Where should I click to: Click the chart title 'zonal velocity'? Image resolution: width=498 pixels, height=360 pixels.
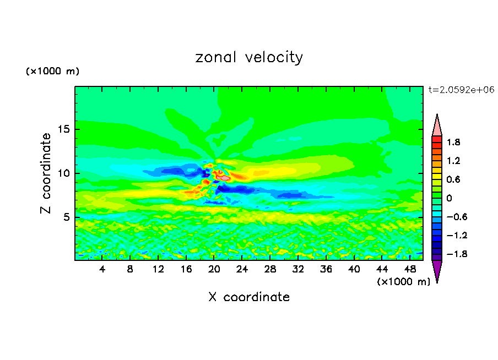pyautogui.click(x=249, y=57)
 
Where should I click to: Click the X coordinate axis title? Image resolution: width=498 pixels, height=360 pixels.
pyautogui.click(x=249, y=297)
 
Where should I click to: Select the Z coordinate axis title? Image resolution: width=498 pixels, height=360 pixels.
pyautogui.click(x=46, y=173)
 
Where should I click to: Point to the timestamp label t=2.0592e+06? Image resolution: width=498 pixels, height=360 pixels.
pyautogui.click(x=461, y=89)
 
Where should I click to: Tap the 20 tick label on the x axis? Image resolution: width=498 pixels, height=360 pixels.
pyautogui.click(x=214, y=269)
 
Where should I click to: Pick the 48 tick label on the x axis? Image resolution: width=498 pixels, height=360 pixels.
pyautogui.click(x=410, y=269)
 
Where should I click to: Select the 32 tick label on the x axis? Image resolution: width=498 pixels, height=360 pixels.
pyautogui.click(x=298, y=269)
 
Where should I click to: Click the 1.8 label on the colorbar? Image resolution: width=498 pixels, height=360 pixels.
pyautogui.click(x=453, y=142)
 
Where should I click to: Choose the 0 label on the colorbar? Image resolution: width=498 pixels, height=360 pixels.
pyautogui.click(x=449, y=198)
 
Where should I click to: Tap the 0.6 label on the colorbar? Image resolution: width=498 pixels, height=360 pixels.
pyautogui.click(x=453, y=179)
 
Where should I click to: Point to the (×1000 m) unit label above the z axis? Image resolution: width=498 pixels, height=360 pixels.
pyautogui.click(x=53, y=72)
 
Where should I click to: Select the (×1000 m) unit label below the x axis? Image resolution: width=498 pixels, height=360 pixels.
pyautogui.click(x=404, y=282)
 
